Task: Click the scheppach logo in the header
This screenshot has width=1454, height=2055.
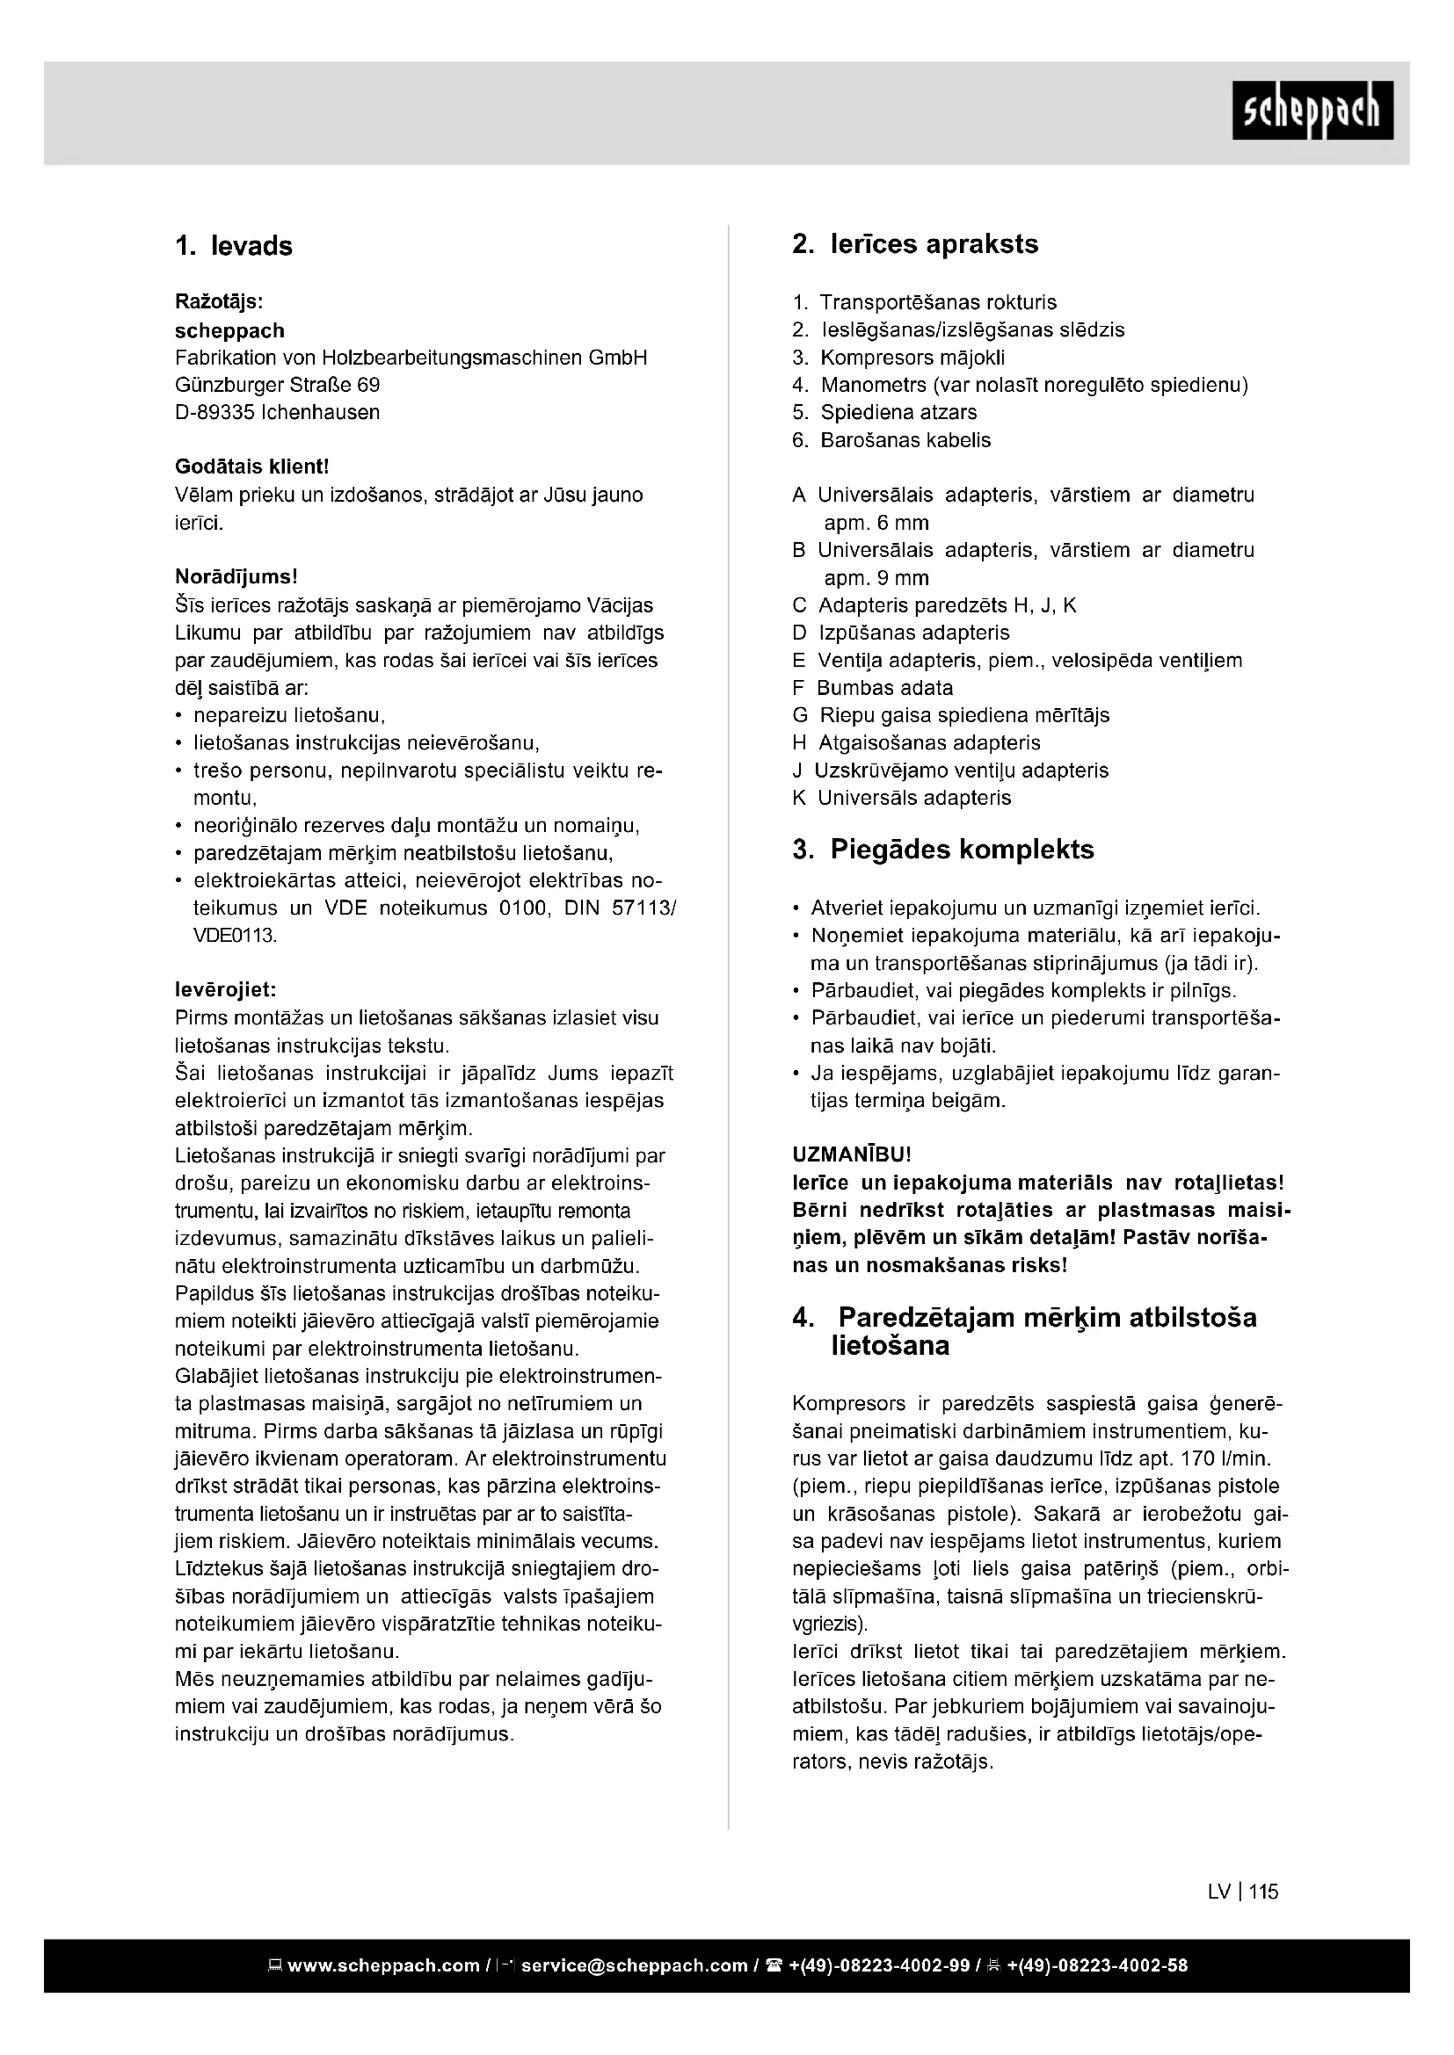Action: (x=1312, y=110)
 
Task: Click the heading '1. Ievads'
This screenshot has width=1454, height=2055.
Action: (x=234, y=246)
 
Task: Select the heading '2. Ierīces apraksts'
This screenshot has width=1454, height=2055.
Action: (x=915, y=244)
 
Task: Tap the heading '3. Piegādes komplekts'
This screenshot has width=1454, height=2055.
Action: (x=942, y=849)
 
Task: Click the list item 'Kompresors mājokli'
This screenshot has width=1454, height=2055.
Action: (x=912, y=358)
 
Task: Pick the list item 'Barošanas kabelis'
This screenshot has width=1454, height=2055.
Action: (x=905, y=440)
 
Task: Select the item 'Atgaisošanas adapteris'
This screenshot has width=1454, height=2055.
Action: (x=929, y=743)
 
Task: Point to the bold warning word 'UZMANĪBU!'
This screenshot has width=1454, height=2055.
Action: (x=852, y=1155)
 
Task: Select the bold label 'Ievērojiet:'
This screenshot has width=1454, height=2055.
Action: (x=226, y=990)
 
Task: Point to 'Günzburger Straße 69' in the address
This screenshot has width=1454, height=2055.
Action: (x=278, y=385)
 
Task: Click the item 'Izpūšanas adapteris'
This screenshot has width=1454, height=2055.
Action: (x=913, y=633)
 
